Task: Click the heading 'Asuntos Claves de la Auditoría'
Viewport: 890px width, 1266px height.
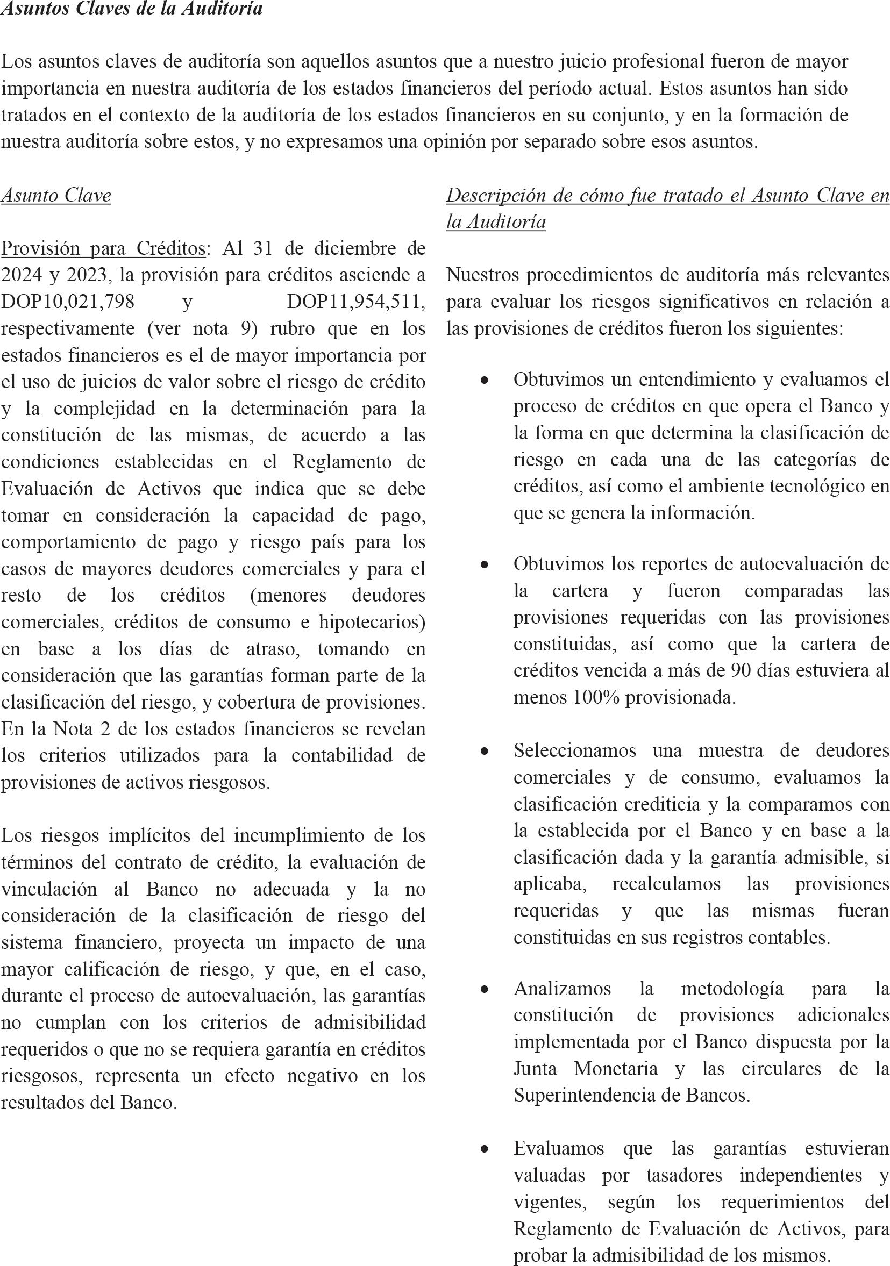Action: tap(132, 9)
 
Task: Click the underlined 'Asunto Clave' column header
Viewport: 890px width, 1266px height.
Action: tap(56, 195)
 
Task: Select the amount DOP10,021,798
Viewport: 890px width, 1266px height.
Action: tap(68, 302)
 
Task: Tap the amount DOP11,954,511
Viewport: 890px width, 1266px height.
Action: tap(355, 302)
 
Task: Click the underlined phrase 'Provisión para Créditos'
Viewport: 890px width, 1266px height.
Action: tap(103, 249)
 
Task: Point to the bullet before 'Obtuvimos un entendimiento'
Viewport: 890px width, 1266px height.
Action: tap(484, 380)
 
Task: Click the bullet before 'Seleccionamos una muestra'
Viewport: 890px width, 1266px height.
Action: tap(484, 751)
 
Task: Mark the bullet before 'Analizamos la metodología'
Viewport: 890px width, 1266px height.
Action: tap(484, 990)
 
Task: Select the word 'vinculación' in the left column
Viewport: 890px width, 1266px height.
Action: tap(48, 889)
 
